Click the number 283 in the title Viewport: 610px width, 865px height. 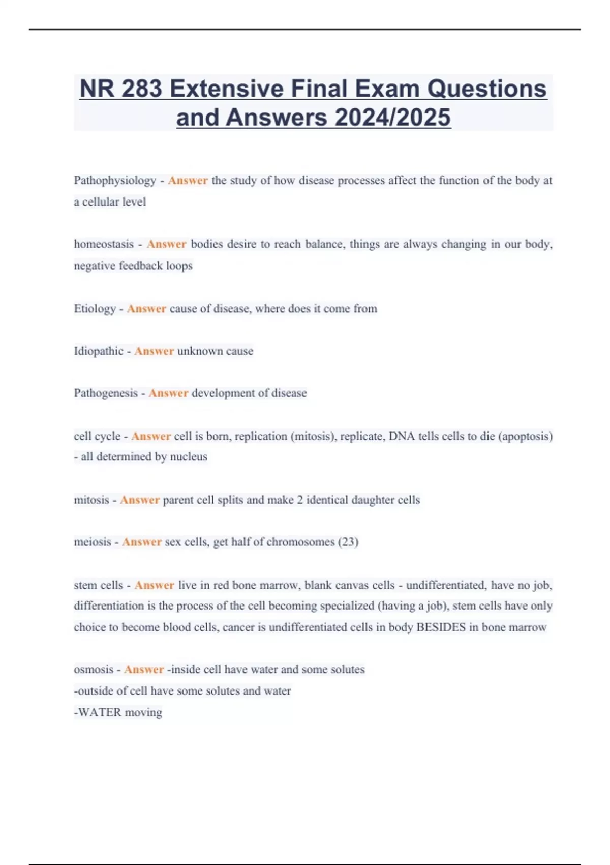point(142,89)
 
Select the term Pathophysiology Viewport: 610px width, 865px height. point(115,180)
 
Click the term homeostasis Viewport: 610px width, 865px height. point(104,244)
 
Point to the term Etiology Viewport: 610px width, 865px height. point(95,309)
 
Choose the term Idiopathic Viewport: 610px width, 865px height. point(99,351)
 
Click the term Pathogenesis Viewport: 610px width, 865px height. point(106,393)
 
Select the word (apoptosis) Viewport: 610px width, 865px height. point(526,436)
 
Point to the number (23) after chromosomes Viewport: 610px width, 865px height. point(348,542)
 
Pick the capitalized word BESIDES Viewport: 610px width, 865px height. point(441,627)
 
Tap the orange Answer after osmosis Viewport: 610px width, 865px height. point(144,670)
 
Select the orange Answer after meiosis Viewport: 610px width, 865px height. point(142,542)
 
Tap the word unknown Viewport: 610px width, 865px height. point(196,351)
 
